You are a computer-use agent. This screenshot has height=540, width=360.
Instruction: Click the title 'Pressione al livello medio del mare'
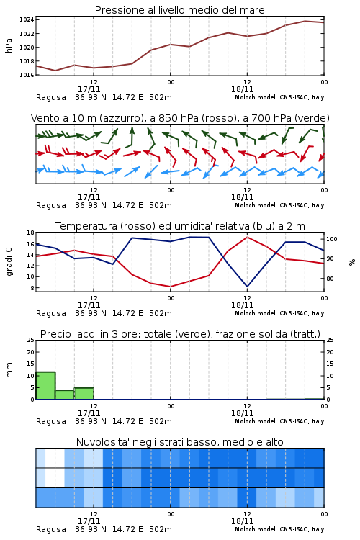(179, 10)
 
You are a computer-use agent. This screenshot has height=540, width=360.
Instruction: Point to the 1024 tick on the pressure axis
(27, 19)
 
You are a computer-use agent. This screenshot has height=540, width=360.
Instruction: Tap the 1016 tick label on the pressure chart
(27, 75)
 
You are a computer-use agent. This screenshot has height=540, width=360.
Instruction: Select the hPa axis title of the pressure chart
(9, 45)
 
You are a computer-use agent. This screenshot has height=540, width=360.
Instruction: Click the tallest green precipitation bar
(45, 385)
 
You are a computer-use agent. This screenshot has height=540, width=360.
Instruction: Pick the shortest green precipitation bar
(65, 395)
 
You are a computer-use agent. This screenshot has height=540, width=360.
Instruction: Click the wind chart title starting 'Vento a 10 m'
(180, 118)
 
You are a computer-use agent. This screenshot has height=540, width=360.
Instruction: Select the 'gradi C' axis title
(9, 262)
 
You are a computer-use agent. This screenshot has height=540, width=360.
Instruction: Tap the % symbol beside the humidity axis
(352, 262)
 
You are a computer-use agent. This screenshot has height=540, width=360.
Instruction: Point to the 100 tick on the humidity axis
(332, 239)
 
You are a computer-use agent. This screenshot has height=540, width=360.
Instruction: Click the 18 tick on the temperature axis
(31, 233)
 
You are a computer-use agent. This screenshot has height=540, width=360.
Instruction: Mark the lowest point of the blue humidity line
(247, 287)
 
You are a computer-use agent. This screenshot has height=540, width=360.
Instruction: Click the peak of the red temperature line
(247, 237)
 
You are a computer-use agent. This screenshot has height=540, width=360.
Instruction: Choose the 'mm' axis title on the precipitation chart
(9, 370)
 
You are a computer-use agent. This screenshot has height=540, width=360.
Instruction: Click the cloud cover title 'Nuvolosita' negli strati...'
(179, 442)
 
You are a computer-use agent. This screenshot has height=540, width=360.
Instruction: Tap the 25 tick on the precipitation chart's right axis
(330, 341)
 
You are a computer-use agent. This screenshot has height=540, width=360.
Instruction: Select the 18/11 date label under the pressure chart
(242, 89)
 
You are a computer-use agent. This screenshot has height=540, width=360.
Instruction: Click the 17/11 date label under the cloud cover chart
(89, 521)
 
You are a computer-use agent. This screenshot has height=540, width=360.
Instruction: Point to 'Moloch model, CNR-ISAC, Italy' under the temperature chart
(279, 313)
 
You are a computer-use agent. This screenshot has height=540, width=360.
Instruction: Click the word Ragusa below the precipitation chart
(51, 421)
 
